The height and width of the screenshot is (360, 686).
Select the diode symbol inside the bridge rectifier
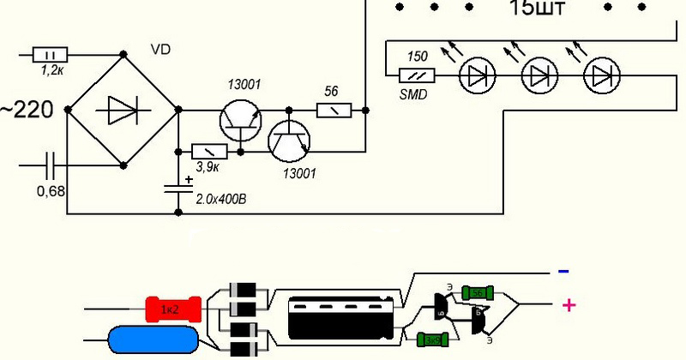click(123, 111)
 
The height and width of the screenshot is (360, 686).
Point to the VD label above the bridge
click(159, 50)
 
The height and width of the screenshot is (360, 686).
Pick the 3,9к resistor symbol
click(209, 151)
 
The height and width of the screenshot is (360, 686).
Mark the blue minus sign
click(563, 271)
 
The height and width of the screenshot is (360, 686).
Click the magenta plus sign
click(567, 305)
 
